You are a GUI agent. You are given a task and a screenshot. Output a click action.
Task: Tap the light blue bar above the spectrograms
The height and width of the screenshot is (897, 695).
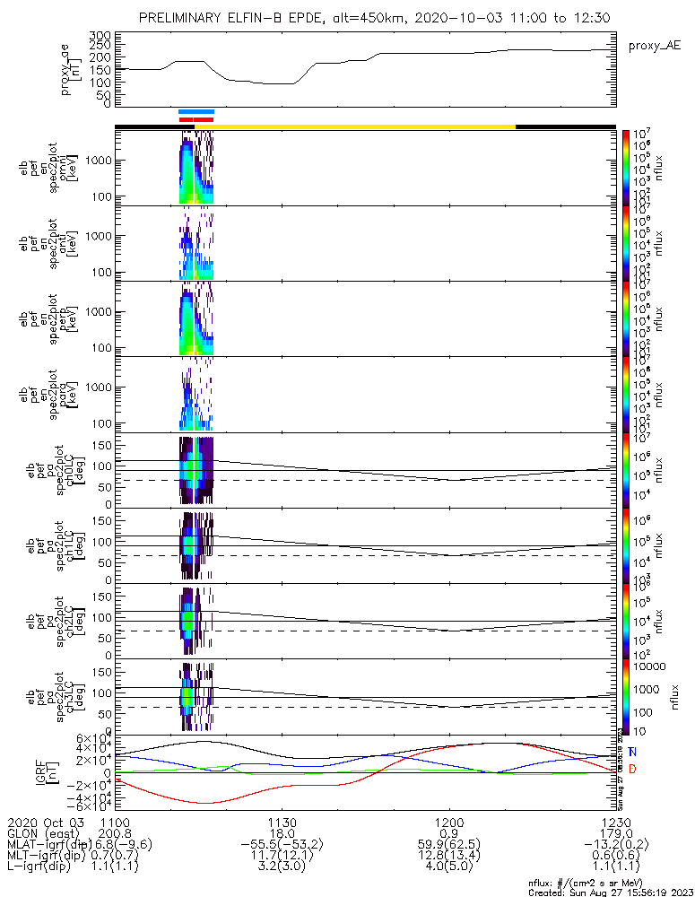[196, 111]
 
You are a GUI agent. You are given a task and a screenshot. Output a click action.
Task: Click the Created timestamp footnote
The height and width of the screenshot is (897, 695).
[609, 893]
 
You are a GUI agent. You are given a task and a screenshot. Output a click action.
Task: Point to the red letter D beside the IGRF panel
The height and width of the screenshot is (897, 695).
[632, 770]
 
